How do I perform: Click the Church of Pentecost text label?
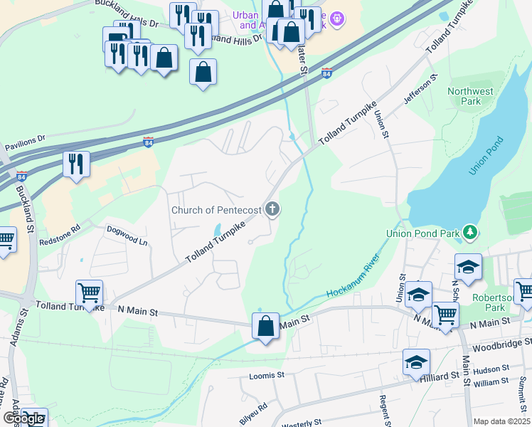point(216,210)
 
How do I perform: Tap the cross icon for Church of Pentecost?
point(271,209)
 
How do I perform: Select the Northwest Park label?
point(470,96)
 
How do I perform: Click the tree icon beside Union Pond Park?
point(469,232)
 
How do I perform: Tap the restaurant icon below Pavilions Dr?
point(74,164)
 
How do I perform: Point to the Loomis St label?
point(267,375)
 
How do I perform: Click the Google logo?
point(23,418)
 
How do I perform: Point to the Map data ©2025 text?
point(501,421)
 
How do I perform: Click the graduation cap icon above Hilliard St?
point(416,362)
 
